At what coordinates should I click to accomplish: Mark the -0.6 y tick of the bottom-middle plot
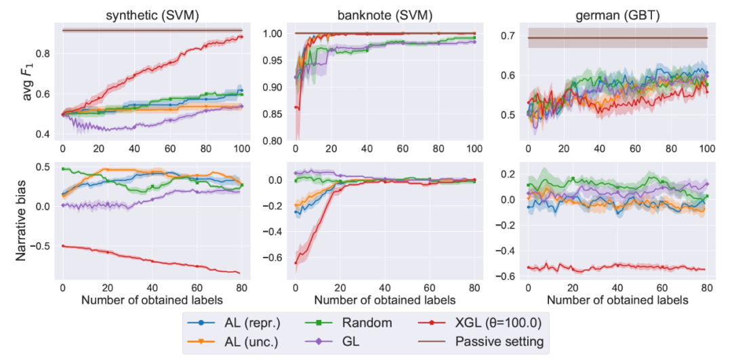(x=274, y=258)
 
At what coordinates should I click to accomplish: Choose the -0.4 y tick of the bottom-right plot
(x=507, y=251)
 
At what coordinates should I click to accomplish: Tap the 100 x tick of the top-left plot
(x=240, y=148)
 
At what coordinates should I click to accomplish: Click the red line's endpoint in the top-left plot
(x=240, y=37)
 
